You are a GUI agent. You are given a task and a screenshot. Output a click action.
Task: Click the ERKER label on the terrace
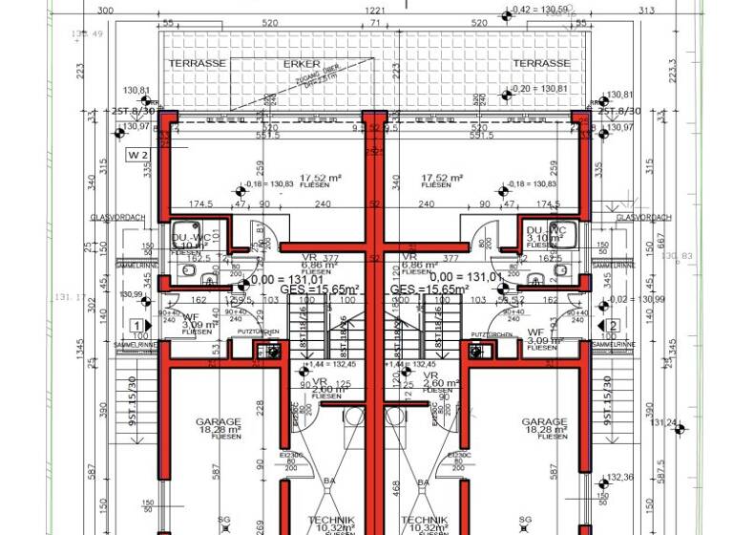[x=302, y=64]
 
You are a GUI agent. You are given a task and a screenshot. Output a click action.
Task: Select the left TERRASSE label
[x=198, y=63]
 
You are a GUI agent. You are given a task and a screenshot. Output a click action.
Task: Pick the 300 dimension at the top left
[x=106, y=11]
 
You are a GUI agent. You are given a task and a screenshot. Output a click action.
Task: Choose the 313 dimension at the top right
[x=645, y=11]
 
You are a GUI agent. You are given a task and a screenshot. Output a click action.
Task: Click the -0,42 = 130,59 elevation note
[x=540, y=10]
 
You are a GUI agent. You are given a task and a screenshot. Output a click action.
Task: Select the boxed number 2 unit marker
[x=612, y=326]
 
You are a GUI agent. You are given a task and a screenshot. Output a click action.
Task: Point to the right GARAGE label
[x=544, y=421]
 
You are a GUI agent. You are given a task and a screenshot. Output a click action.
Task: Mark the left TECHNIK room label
[x=330, y=520]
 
